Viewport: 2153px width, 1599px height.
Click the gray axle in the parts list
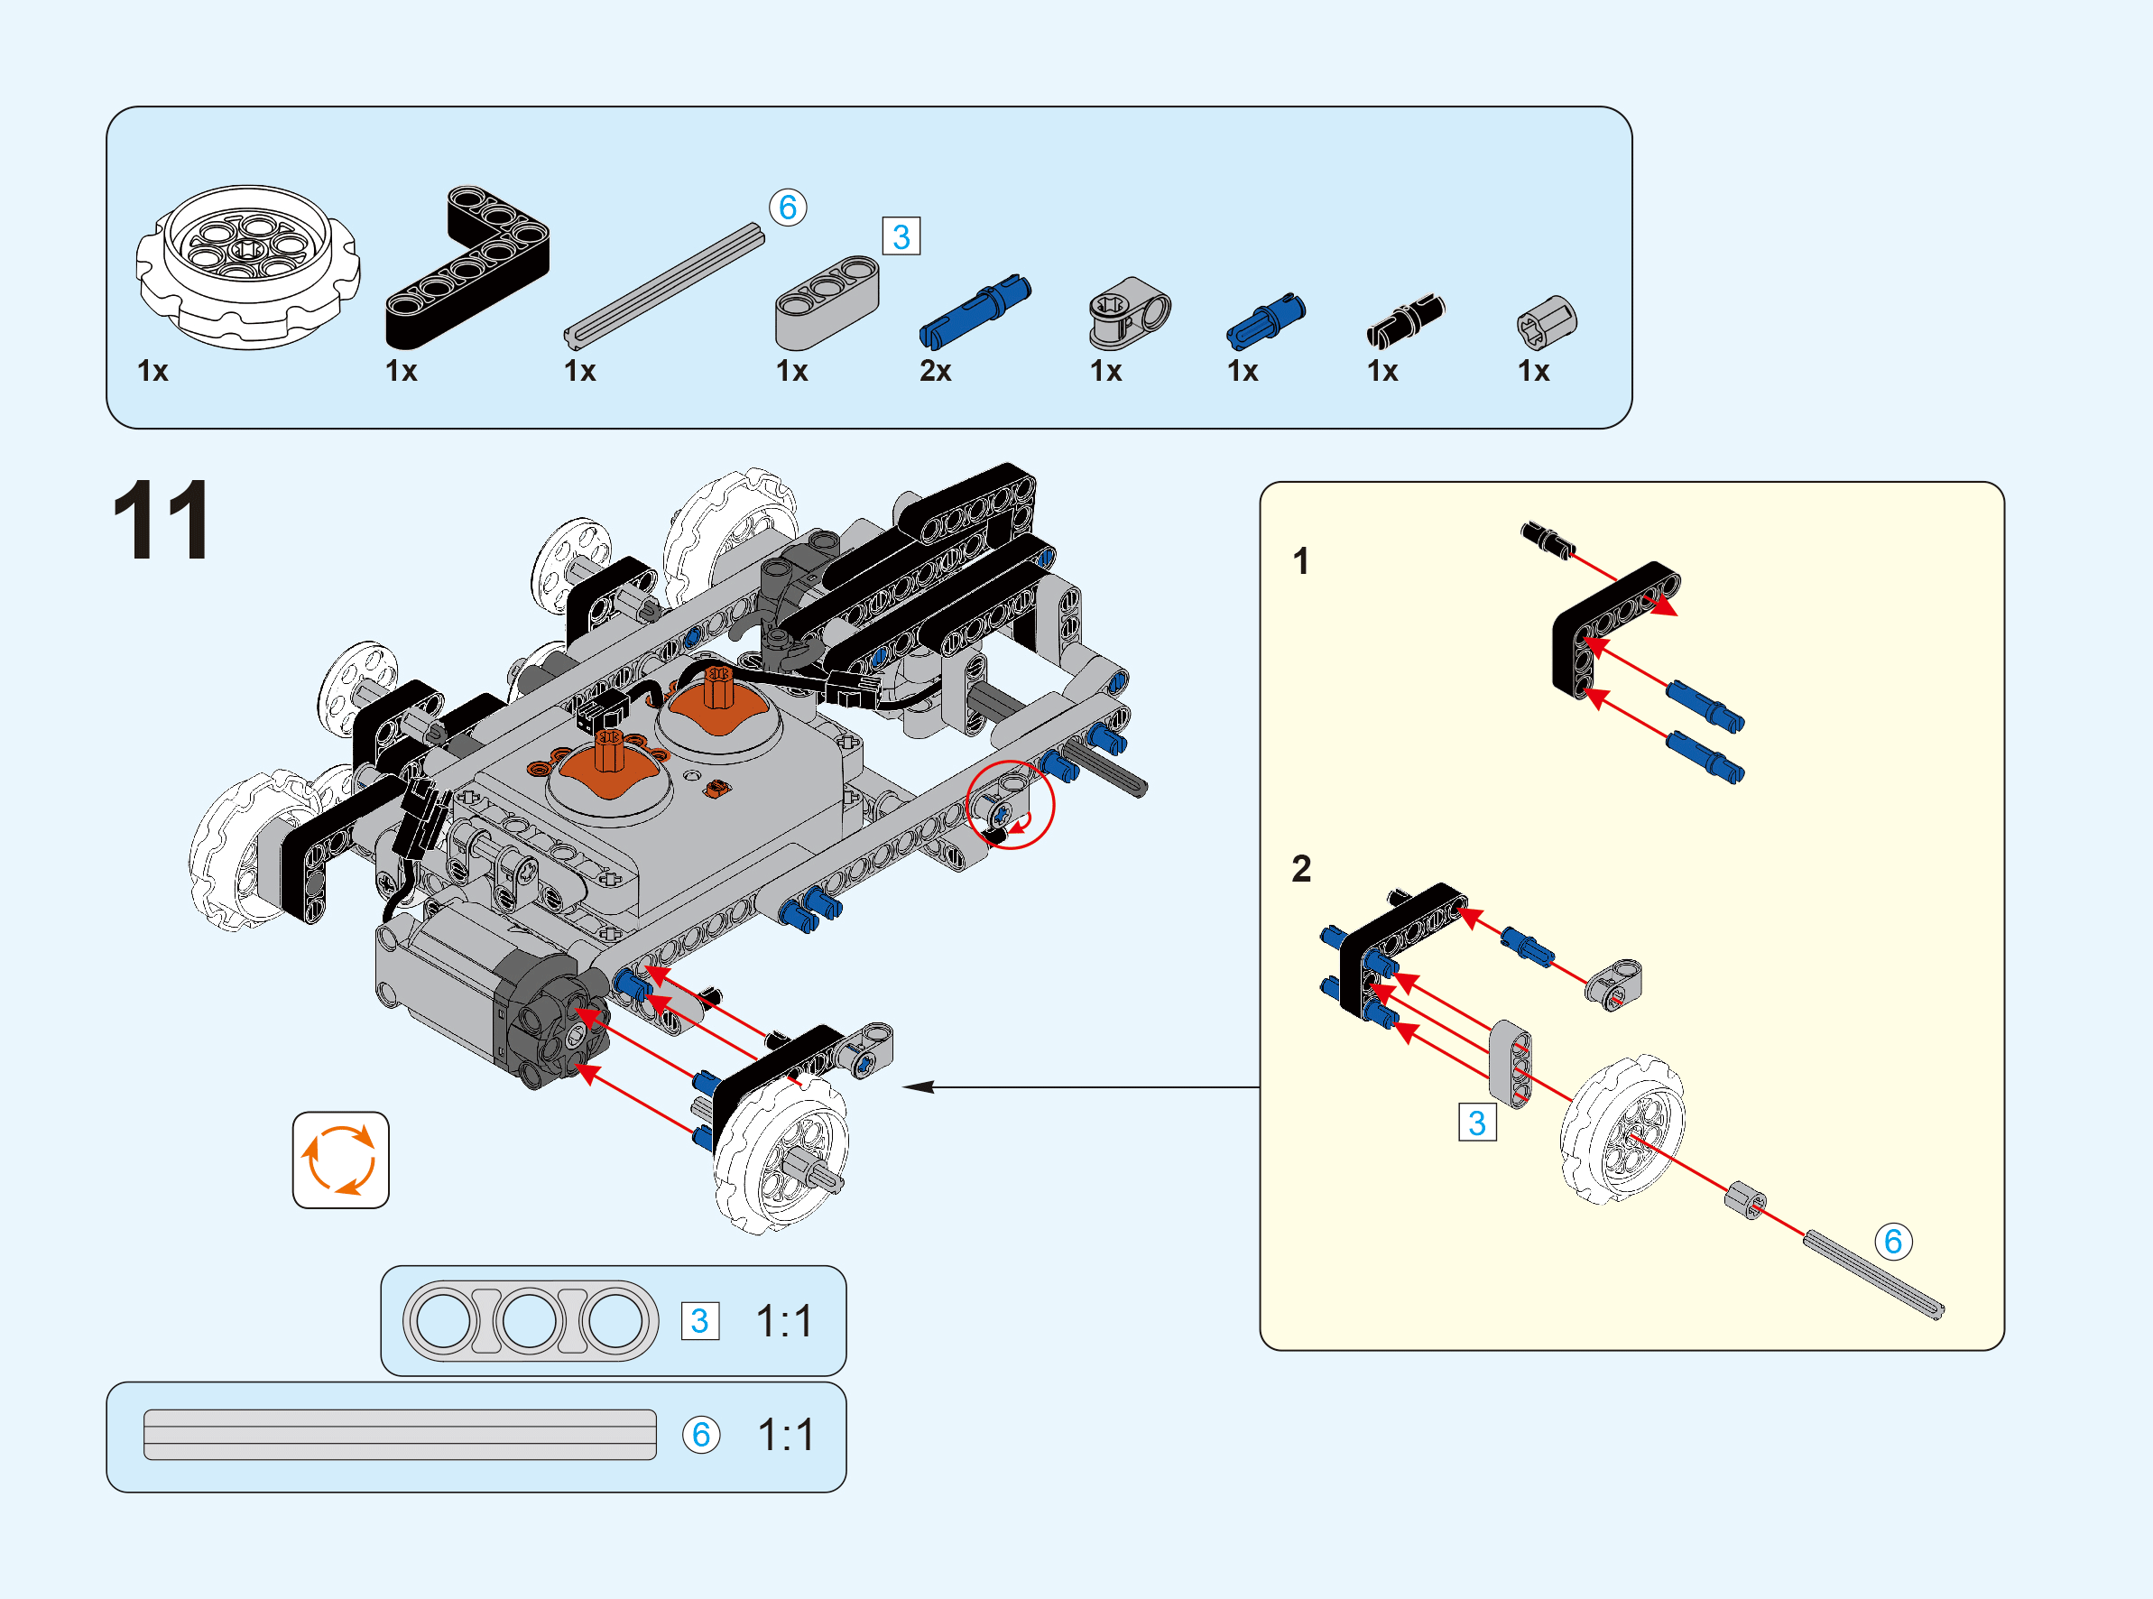coord(664,284)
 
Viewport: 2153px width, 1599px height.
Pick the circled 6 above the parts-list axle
coord(788,208)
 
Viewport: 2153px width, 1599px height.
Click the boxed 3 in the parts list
coord(901,236)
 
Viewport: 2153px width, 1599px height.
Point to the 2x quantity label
coord(935,371)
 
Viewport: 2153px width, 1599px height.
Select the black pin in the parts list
coord(1405,320)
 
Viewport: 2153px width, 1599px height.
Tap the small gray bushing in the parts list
coord(1547,322)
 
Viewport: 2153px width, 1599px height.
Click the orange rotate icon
coord(340,1160)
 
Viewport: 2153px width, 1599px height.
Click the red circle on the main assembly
coord(1011,805)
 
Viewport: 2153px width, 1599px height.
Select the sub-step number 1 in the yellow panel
coord(1301,561)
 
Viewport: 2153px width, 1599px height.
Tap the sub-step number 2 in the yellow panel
coord(1301,868)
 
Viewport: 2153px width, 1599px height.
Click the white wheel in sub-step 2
coord(1622,1130)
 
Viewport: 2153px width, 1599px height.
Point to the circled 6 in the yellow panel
coord(1894,1241)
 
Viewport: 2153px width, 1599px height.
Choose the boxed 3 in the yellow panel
coord(1476,1123)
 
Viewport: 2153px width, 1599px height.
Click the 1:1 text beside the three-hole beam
coord(784,1321)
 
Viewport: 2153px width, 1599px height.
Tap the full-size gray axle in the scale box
coord(400,1434)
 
